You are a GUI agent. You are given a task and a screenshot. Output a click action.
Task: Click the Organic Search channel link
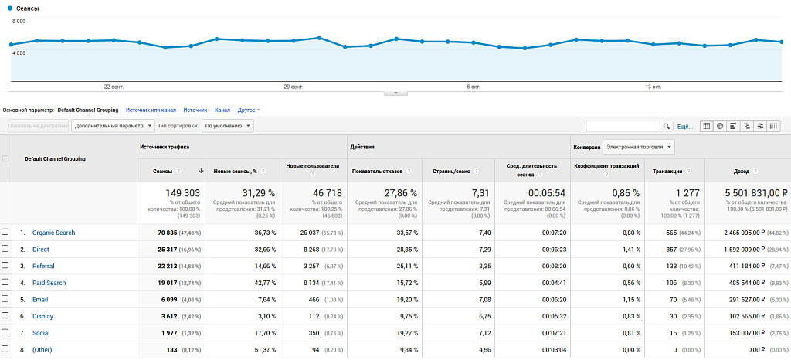53,233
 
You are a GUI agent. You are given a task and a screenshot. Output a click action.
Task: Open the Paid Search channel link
49,283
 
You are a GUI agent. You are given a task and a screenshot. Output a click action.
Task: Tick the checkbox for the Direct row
5,250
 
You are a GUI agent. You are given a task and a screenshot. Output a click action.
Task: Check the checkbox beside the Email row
5,300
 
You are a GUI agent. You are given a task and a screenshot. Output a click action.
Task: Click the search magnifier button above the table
667,126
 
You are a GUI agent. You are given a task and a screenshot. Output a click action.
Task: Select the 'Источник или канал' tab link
151,110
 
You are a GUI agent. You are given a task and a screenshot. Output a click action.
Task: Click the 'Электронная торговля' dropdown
638,146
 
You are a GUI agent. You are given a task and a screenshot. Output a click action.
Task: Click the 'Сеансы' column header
163,171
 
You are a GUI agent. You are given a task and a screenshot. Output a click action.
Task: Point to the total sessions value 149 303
182,192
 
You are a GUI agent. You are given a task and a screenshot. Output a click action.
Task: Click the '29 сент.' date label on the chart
293,87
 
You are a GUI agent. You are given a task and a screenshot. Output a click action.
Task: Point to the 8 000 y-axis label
19,22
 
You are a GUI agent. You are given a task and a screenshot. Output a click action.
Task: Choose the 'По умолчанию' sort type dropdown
229,125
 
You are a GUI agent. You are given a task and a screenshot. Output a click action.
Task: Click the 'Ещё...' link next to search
684,126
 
